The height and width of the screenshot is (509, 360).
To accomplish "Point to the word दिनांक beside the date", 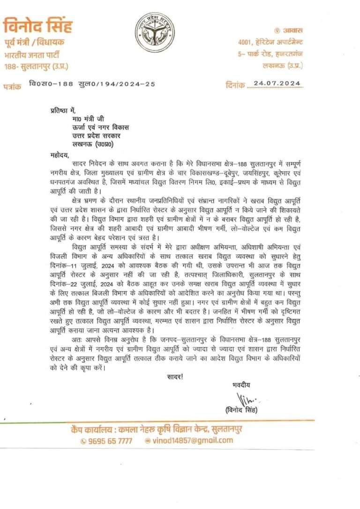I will [235, 85].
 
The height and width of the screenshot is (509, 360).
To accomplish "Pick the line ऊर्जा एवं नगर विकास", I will [97, 127].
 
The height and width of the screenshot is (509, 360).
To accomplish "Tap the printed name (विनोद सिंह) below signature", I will [241, 410].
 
